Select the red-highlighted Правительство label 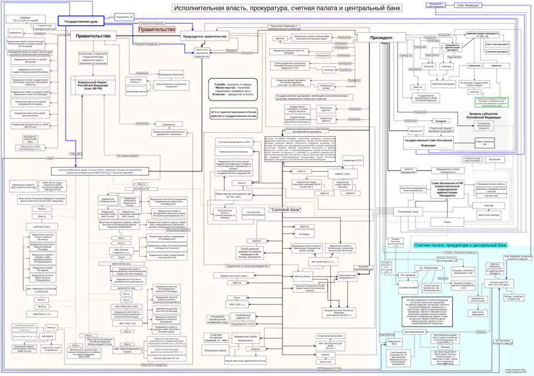point(156,29)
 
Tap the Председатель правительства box point(204,36)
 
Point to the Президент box point(382,38)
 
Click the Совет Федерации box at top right point(468,5)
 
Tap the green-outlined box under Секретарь point(491,102)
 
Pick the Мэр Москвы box point(494,159)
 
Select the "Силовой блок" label point(284,209)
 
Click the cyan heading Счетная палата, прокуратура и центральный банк point(461,245)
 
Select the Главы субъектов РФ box point(484,142)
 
